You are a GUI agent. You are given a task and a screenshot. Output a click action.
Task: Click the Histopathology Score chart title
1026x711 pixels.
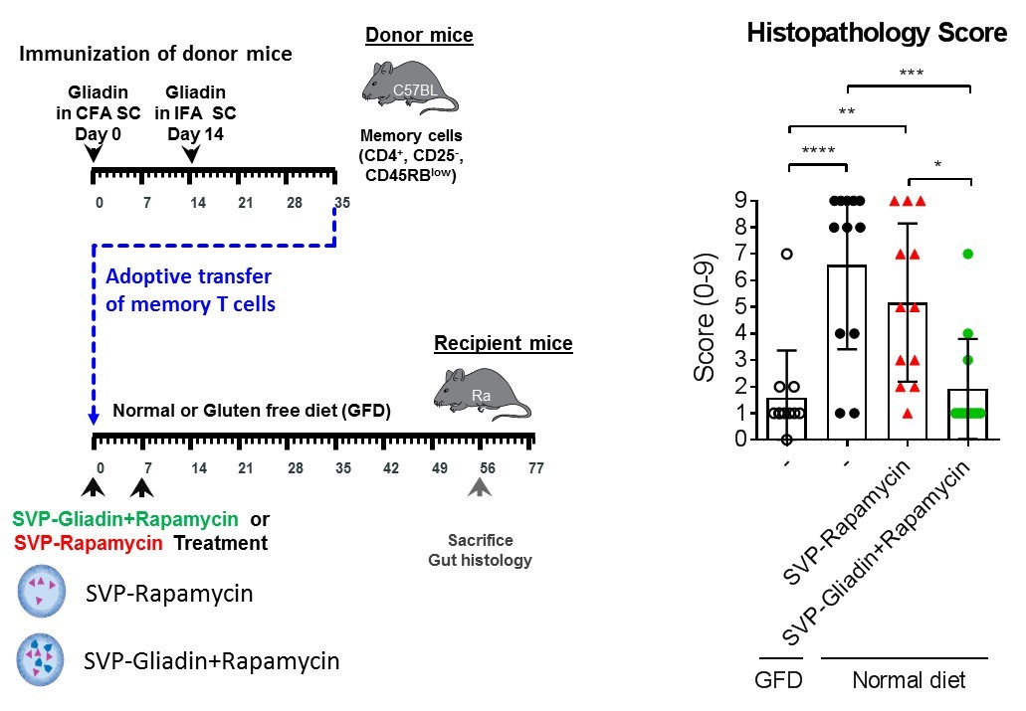tap(877, 33)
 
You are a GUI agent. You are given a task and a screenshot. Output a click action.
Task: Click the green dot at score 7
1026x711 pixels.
tap(967, 254)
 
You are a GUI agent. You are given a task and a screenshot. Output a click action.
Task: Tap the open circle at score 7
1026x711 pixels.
tap(787, 254)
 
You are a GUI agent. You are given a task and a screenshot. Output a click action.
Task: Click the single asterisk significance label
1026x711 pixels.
tap(937, 164)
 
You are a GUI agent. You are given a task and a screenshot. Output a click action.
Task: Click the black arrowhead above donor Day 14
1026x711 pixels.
tap(192, 154)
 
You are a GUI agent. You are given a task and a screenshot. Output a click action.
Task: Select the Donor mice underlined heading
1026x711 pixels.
tap(419, 37)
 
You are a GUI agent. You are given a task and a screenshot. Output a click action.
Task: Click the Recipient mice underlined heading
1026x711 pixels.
tap(503, 344)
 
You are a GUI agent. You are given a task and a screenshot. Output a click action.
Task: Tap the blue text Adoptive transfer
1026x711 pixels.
tap(188, 275)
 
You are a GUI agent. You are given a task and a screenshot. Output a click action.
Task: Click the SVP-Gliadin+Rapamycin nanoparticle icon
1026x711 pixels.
tap(39, 659)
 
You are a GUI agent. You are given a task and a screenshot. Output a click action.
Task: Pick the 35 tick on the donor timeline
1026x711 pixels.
tap(341, 203)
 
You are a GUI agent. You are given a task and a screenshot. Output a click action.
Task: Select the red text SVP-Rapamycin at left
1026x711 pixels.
tap(73, 544)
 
